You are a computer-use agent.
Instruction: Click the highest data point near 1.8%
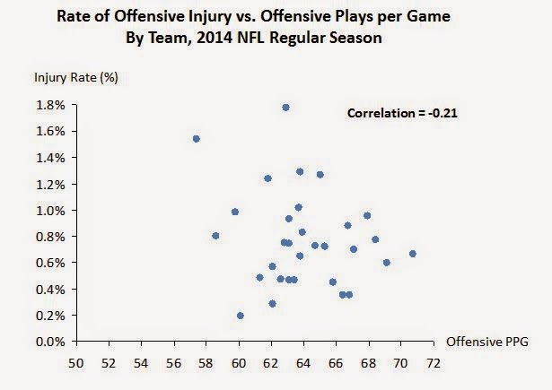pyautogui.click(x=285, y=108)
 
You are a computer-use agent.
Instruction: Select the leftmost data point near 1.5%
pyautogui.click(x=196, y=139)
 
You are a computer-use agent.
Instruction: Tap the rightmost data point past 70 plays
pyautogui.click(x=412, y=254)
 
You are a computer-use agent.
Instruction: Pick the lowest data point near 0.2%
pyautogui.click(x=241, y=316)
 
